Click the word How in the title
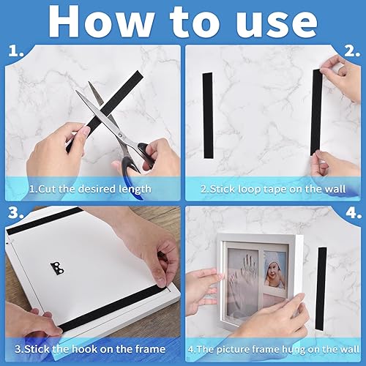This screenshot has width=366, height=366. point(101,21)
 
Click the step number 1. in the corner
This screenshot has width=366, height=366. point(16,51)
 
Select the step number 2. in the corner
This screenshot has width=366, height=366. point(352,51)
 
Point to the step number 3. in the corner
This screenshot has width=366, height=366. point(15,212)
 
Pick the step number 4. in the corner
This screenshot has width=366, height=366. point(354,213)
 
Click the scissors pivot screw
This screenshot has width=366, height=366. point(120,134)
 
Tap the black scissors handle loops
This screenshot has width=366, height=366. point(137,161)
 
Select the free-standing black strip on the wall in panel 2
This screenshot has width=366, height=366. point(208,115)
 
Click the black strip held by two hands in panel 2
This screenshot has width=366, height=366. point(317,112)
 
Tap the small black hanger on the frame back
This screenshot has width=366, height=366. point(57,269)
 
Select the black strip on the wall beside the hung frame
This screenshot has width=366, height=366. point(321,288)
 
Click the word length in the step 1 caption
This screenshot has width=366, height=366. point(135,190)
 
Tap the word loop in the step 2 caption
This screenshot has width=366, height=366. point(248,190)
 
